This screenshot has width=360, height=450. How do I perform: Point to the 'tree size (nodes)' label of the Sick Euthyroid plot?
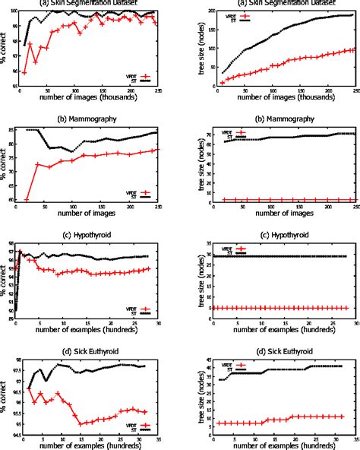point(190,395)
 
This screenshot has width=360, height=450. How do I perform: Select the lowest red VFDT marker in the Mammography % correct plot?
point(27,200)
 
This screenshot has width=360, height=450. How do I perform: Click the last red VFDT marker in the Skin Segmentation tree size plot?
point(352,50)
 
